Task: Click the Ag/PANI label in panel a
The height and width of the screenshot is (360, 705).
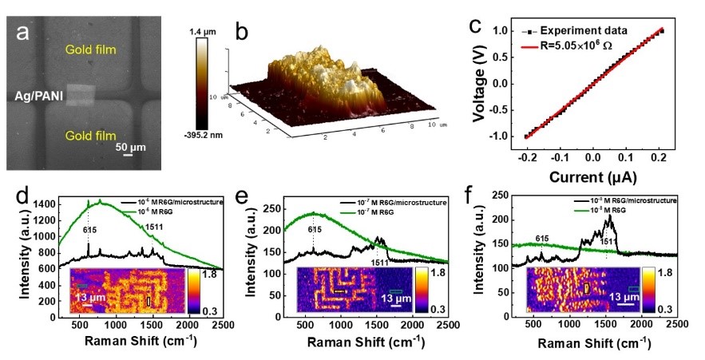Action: click(39, 97)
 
